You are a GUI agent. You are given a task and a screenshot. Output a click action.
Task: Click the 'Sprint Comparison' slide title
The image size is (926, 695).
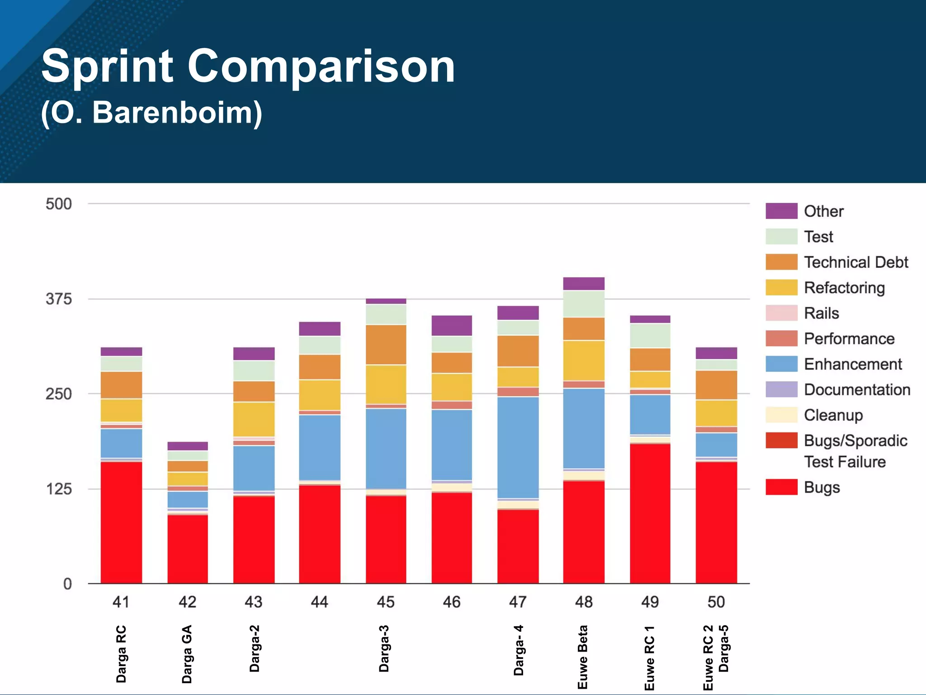(248, 67)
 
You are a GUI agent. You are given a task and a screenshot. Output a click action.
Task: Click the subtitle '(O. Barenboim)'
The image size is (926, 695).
(151, 113)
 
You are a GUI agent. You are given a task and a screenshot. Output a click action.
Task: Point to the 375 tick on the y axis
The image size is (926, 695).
(58, 299)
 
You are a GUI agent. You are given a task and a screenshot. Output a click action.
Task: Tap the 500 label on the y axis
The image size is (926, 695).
(58, 204)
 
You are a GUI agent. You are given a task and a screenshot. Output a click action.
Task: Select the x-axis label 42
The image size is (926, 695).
(187, 602)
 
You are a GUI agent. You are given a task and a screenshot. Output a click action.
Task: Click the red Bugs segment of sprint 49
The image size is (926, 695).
(650, 514)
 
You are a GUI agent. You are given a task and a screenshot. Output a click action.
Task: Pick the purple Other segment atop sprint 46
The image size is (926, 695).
(452, 325)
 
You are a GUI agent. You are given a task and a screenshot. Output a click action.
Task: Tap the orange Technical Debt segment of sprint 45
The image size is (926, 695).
(386, 344)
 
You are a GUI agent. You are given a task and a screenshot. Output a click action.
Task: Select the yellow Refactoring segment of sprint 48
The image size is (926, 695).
(584, 360)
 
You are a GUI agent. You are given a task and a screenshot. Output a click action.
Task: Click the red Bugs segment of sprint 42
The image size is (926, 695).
(187, 549)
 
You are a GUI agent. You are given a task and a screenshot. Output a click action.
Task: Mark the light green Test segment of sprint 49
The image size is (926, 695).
(650, 335)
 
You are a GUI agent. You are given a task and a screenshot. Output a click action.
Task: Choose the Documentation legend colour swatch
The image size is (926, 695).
(781, 390)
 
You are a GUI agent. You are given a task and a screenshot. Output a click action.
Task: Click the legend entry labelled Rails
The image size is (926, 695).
(821, 313)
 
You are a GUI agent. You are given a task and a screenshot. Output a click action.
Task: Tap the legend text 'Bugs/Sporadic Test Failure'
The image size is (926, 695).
(855, 451)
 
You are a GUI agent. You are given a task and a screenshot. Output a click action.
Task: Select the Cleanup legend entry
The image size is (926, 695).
(833, 415)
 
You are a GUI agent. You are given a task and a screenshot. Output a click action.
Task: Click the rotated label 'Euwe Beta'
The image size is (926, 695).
(583, 657)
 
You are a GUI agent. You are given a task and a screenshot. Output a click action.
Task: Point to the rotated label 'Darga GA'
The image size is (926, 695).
(187, 654)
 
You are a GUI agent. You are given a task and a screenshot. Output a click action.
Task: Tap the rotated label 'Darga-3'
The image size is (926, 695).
(384, 648)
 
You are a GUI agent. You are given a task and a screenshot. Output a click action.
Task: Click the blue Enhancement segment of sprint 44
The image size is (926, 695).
(319, 447)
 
